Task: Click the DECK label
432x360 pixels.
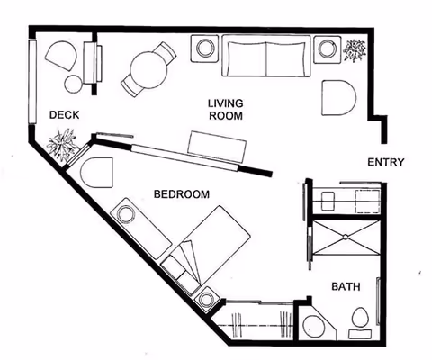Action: coord(63,114)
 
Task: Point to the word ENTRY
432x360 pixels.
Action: coord(386,163)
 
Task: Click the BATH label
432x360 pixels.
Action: coord(346,287)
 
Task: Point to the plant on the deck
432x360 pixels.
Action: coord(65,144)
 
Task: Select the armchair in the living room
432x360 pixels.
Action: coord(339,98)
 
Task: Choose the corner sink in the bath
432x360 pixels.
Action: coord(314,328)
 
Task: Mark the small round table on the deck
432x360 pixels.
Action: coord(72,85)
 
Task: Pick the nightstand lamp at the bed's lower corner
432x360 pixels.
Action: coord(209,297)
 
